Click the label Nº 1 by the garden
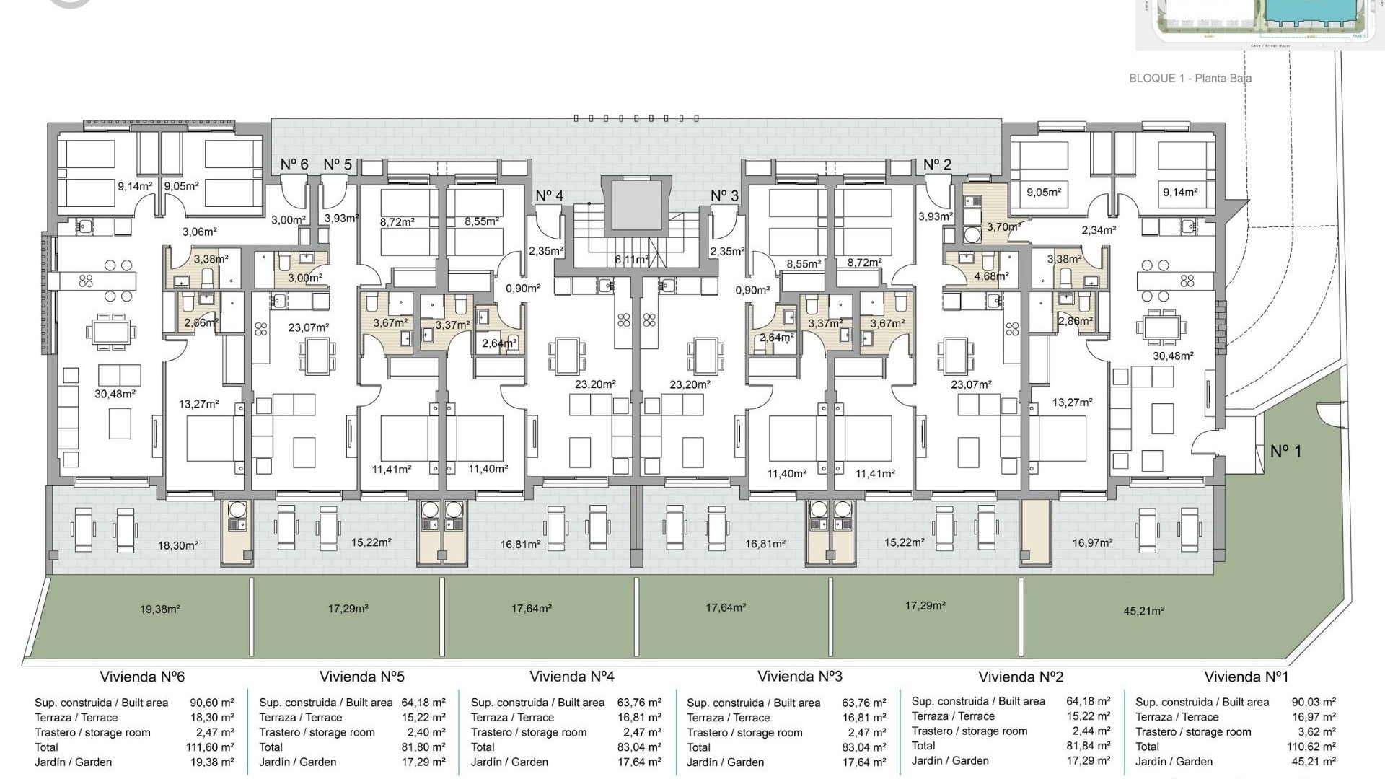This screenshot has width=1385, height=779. pyautogui.click(x=1285, y=452)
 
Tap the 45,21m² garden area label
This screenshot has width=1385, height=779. pyautogui.click(x=1143, y=611)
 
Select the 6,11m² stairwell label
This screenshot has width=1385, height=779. pyautogui.click(x=632, y=259)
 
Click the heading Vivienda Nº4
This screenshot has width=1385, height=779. pyautogui.click(x=571, y=677)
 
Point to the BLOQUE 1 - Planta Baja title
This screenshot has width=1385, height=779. pyautogui.click(x=1190, y=78)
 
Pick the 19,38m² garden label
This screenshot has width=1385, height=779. pyautogui.click(x=159, y=609)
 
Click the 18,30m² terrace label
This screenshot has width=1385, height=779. pyautogui.click(x=177, y=546)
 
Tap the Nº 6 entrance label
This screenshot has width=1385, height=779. pyautogui.click(x=294, y=164)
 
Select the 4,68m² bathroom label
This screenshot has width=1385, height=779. pyautogui.click(x=991, y=276)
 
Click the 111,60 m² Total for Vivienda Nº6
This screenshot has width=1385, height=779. pyautogui.click(x=210, y=747)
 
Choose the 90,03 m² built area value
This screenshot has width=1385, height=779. pyautogui.click(x=1313, y=702)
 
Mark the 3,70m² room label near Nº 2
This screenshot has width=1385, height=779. pyautogui.click(x=1003, y=226)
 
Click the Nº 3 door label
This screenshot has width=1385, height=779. pyautogui.click(x=724, y=196)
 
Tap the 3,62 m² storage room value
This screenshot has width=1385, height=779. pyautogui.click(x=1316, y=731)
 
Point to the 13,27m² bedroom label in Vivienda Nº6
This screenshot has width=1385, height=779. pyautogui.click(x=198, y=405)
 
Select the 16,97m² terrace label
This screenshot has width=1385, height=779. pyautogui.click(x=1092, y=542)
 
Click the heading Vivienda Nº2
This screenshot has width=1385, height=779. pyautogui.click(x=1020, y=677)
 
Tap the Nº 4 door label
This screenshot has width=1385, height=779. pyautogui.click(x=549, y=196)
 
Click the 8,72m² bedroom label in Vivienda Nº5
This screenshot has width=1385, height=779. pyautogui.click(x=397, y=223)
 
